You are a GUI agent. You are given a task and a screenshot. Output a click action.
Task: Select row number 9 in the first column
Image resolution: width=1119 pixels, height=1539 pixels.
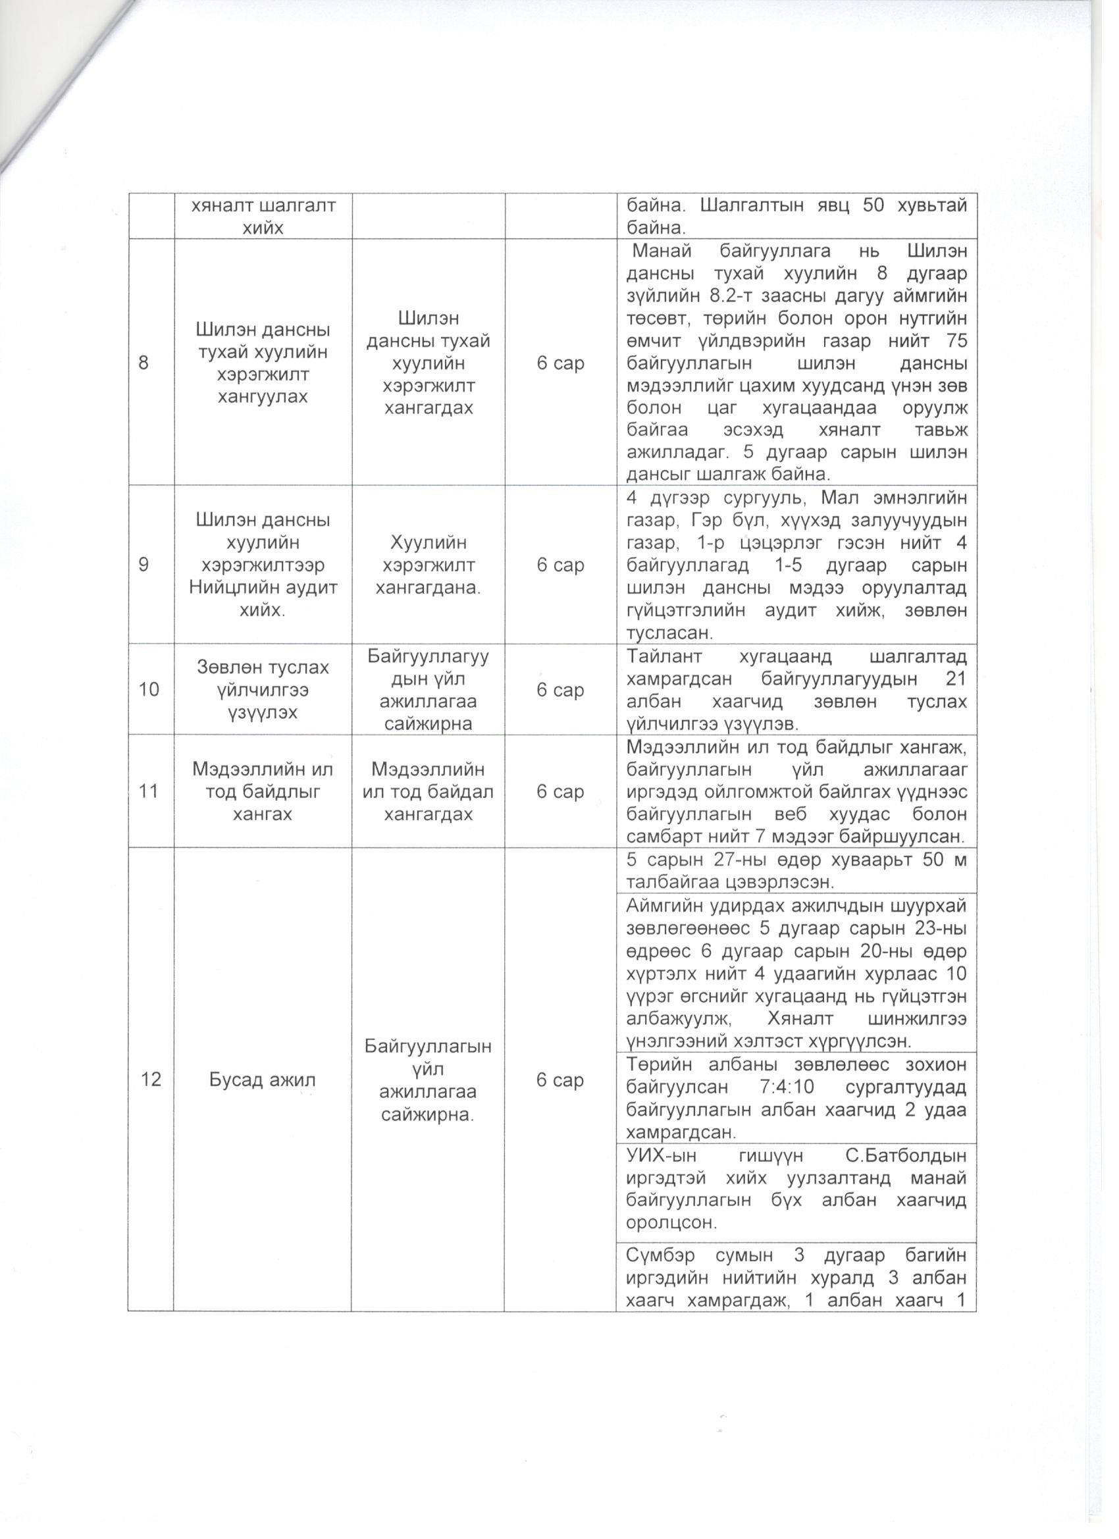pos(144,565)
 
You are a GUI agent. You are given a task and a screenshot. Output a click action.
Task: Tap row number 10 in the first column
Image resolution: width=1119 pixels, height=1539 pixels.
pos(149,689)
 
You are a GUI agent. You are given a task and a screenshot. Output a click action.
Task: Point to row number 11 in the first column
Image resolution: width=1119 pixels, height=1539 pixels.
pos(149,791)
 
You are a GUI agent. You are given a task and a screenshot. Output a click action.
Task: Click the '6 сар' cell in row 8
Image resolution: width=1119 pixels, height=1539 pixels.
pos(560,363)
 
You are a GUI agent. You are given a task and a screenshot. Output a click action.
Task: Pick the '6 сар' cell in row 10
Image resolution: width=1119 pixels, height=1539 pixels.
pos(560,689)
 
